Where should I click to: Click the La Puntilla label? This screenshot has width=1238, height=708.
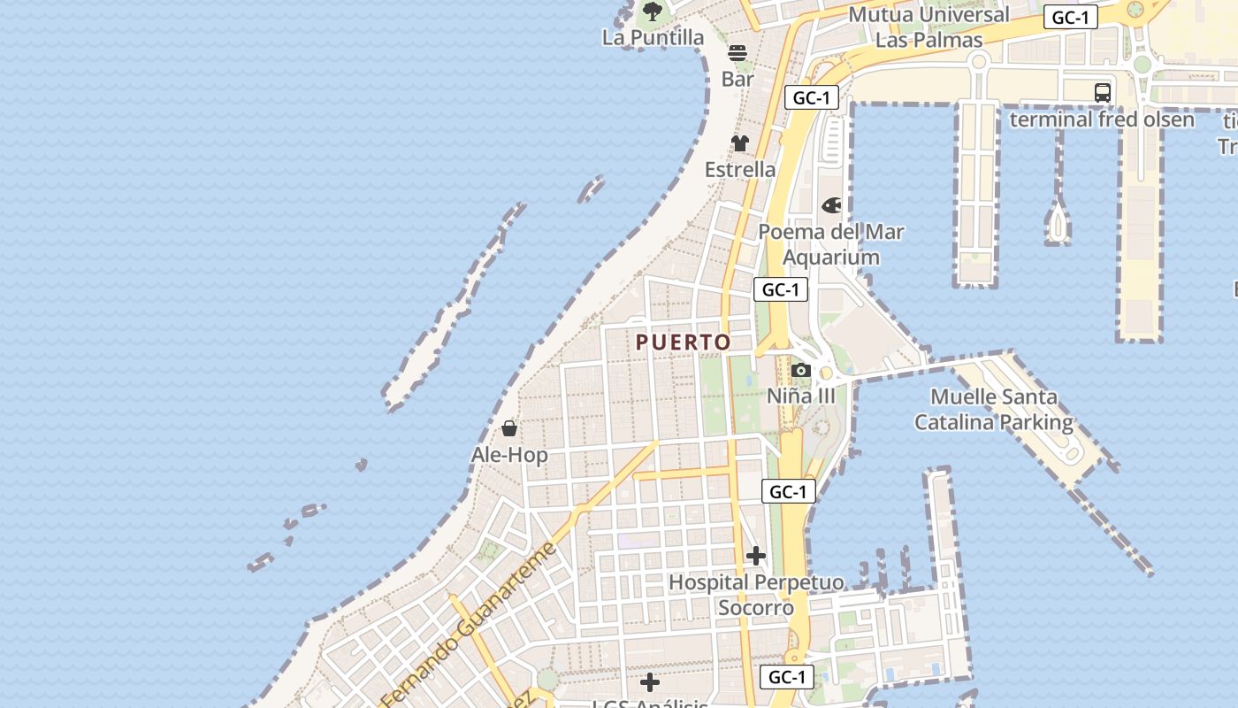(x=653, y=37)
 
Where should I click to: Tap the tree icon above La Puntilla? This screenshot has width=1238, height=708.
(x=653, y=12)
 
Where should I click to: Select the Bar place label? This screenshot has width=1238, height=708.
(x=737, y=79)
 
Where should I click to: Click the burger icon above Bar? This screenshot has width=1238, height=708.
(x=737, y=53)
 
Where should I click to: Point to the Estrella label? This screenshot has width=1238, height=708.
(x=740, y=169)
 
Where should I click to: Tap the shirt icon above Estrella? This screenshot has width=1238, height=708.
(x=740, y=143)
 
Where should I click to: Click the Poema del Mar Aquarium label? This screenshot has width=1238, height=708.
(x=831, y=244)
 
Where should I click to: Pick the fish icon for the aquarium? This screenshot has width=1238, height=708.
(x=831, y=205)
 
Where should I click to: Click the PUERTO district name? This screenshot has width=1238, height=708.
(x=684, y=342)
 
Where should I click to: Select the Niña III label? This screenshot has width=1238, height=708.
(x=800, y=396)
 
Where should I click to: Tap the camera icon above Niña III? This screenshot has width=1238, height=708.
(x=801, y=370)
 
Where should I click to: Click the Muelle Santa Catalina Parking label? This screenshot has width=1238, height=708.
(x=994, y=410)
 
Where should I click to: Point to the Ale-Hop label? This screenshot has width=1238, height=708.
(x=509, y=455)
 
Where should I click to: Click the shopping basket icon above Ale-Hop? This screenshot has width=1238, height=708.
(x=509, y=429)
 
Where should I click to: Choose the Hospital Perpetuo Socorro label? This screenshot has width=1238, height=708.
(x=756, y=595)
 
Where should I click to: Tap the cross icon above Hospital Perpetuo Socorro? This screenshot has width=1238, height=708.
(x=756, y=556)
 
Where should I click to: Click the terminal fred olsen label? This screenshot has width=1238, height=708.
(x=1102, y=119)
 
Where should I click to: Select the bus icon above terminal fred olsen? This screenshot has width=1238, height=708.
(x=1102, y=93)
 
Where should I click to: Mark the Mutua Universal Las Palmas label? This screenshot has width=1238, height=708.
(x=928, y=27)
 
